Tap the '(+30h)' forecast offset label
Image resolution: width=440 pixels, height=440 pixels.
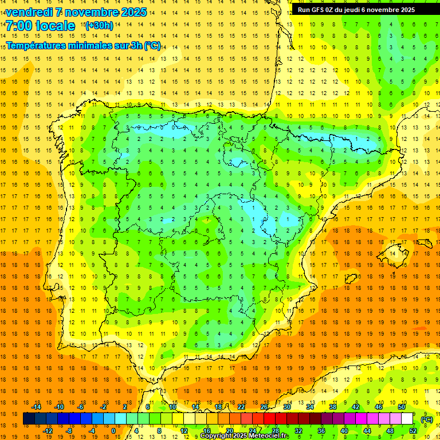(99, 25)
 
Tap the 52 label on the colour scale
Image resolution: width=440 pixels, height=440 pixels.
(413, 431)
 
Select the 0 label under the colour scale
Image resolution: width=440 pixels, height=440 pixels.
(113, 431)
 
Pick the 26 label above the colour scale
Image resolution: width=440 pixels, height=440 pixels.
(264, 407)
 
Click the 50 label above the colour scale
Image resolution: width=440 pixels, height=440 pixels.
(402, 407)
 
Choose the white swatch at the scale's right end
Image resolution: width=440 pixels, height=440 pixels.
(407, 419)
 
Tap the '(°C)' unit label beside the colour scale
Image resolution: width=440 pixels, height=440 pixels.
(427, 419)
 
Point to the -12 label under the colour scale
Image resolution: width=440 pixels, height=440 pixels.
(48, 431)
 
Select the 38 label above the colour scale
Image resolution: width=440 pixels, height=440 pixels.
(333, 407)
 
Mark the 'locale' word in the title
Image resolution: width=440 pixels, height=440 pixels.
(54, 26)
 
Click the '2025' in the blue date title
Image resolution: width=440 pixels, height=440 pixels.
(134, 12)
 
